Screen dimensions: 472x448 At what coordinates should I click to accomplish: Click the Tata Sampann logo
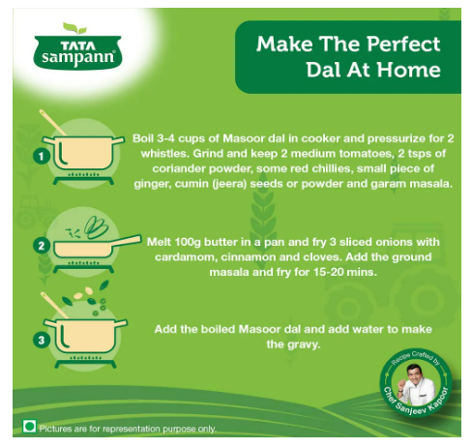pyautogui.click(x=77, y=45)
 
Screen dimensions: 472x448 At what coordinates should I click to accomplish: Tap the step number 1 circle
pyautogui.click(x=42, y=157)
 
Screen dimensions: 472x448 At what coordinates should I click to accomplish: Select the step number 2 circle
pyautogui.click(x=42, y=246)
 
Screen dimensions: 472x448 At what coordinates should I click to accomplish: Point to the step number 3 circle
pyautogui.click(x=42, y=341)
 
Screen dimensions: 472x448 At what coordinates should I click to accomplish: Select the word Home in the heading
pyautogui.click(x=408, y=70)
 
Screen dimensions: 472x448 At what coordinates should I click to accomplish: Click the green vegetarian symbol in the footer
pyautogui.click(x=29, y=427)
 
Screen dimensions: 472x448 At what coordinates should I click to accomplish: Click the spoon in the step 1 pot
pyautogui.click(x=52, y=123)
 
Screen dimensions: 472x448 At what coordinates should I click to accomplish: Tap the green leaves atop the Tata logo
pyautogui.click(x=74, y=28)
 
